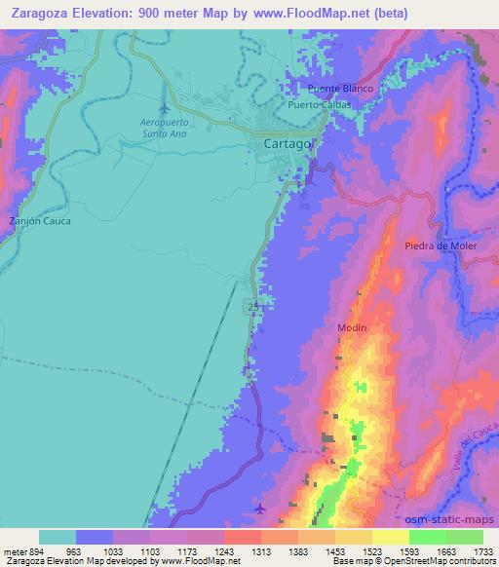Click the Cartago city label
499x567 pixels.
(x=288, y=143)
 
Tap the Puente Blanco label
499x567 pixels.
(x=337, y=88)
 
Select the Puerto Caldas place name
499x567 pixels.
(x=318, y=104)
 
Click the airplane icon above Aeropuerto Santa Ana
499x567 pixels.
(x=164, y=107)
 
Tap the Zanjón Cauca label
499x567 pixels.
(x=40, y=221)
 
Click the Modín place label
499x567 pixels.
(x=352, y=327)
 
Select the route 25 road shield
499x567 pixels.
(x=253, y=306)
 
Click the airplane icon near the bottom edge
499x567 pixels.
(x=258, y=509)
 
